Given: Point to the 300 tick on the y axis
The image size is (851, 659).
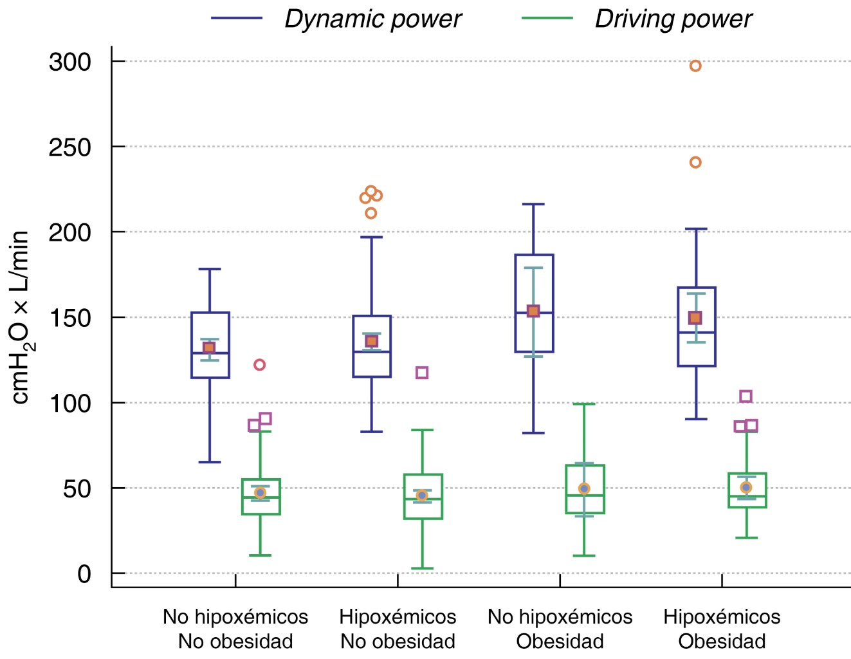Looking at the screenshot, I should pos(70,62).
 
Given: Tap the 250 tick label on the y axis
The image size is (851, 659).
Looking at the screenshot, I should pos(70,147).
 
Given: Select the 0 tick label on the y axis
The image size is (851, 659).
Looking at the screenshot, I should pos(84,574).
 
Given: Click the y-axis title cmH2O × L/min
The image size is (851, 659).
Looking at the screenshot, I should pos(21,317).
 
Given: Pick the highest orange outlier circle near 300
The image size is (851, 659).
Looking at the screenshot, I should pos(695,66).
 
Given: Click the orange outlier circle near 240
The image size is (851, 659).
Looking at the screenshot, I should pos(695,162).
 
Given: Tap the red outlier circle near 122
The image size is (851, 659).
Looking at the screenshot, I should pos(259,365).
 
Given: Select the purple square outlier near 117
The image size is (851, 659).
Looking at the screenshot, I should pos(422,373).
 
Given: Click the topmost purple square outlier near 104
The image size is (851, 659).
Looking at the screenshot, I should pos(746,396).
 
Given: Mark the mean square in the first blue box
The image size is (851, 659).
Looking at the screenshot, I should pos(209,348).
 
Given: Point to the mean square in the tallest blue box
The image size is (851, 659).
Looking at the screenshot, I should pos(533,311).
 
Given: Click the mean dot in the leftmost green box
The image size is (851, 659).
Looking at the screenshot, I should pos(260,492).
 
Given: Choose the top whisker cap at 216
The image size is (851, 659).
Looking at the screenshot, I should pos(534,204).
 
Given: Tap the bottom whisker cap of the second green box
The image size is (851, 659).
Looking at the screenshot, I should pos(422,568).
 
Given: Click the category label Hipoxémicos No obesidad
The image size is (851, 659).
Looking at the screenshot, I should pos(398,629).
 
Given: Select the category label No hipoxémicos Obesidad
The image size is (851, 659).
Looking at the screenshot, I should pos(560,629).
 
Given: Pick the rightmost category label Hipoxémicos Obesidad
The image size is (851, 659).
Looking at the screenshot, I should pos(722,629).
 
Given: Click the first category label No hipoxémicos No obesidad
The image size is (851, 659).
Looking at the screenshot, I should pos(235,629).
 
